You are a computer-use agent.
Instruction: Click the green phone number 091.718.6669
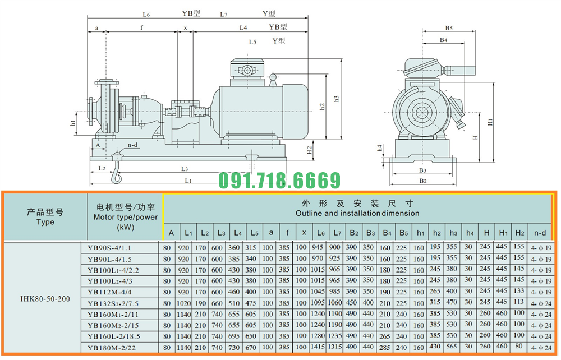(279, 181)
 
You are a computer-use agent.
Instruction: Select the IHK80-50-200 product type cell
(45, 298)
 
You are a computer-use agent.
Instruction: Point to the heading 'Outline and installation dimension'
(357, 213)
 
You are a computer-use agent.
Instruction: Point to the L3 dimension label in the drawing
(184, 168)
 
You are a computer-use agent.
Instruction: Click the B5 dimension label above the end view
(449, 27)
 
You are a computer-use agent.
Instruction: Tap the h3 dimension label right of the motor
(337, 99)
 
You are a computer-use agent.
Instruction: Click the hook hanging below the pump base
(117, 171)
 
